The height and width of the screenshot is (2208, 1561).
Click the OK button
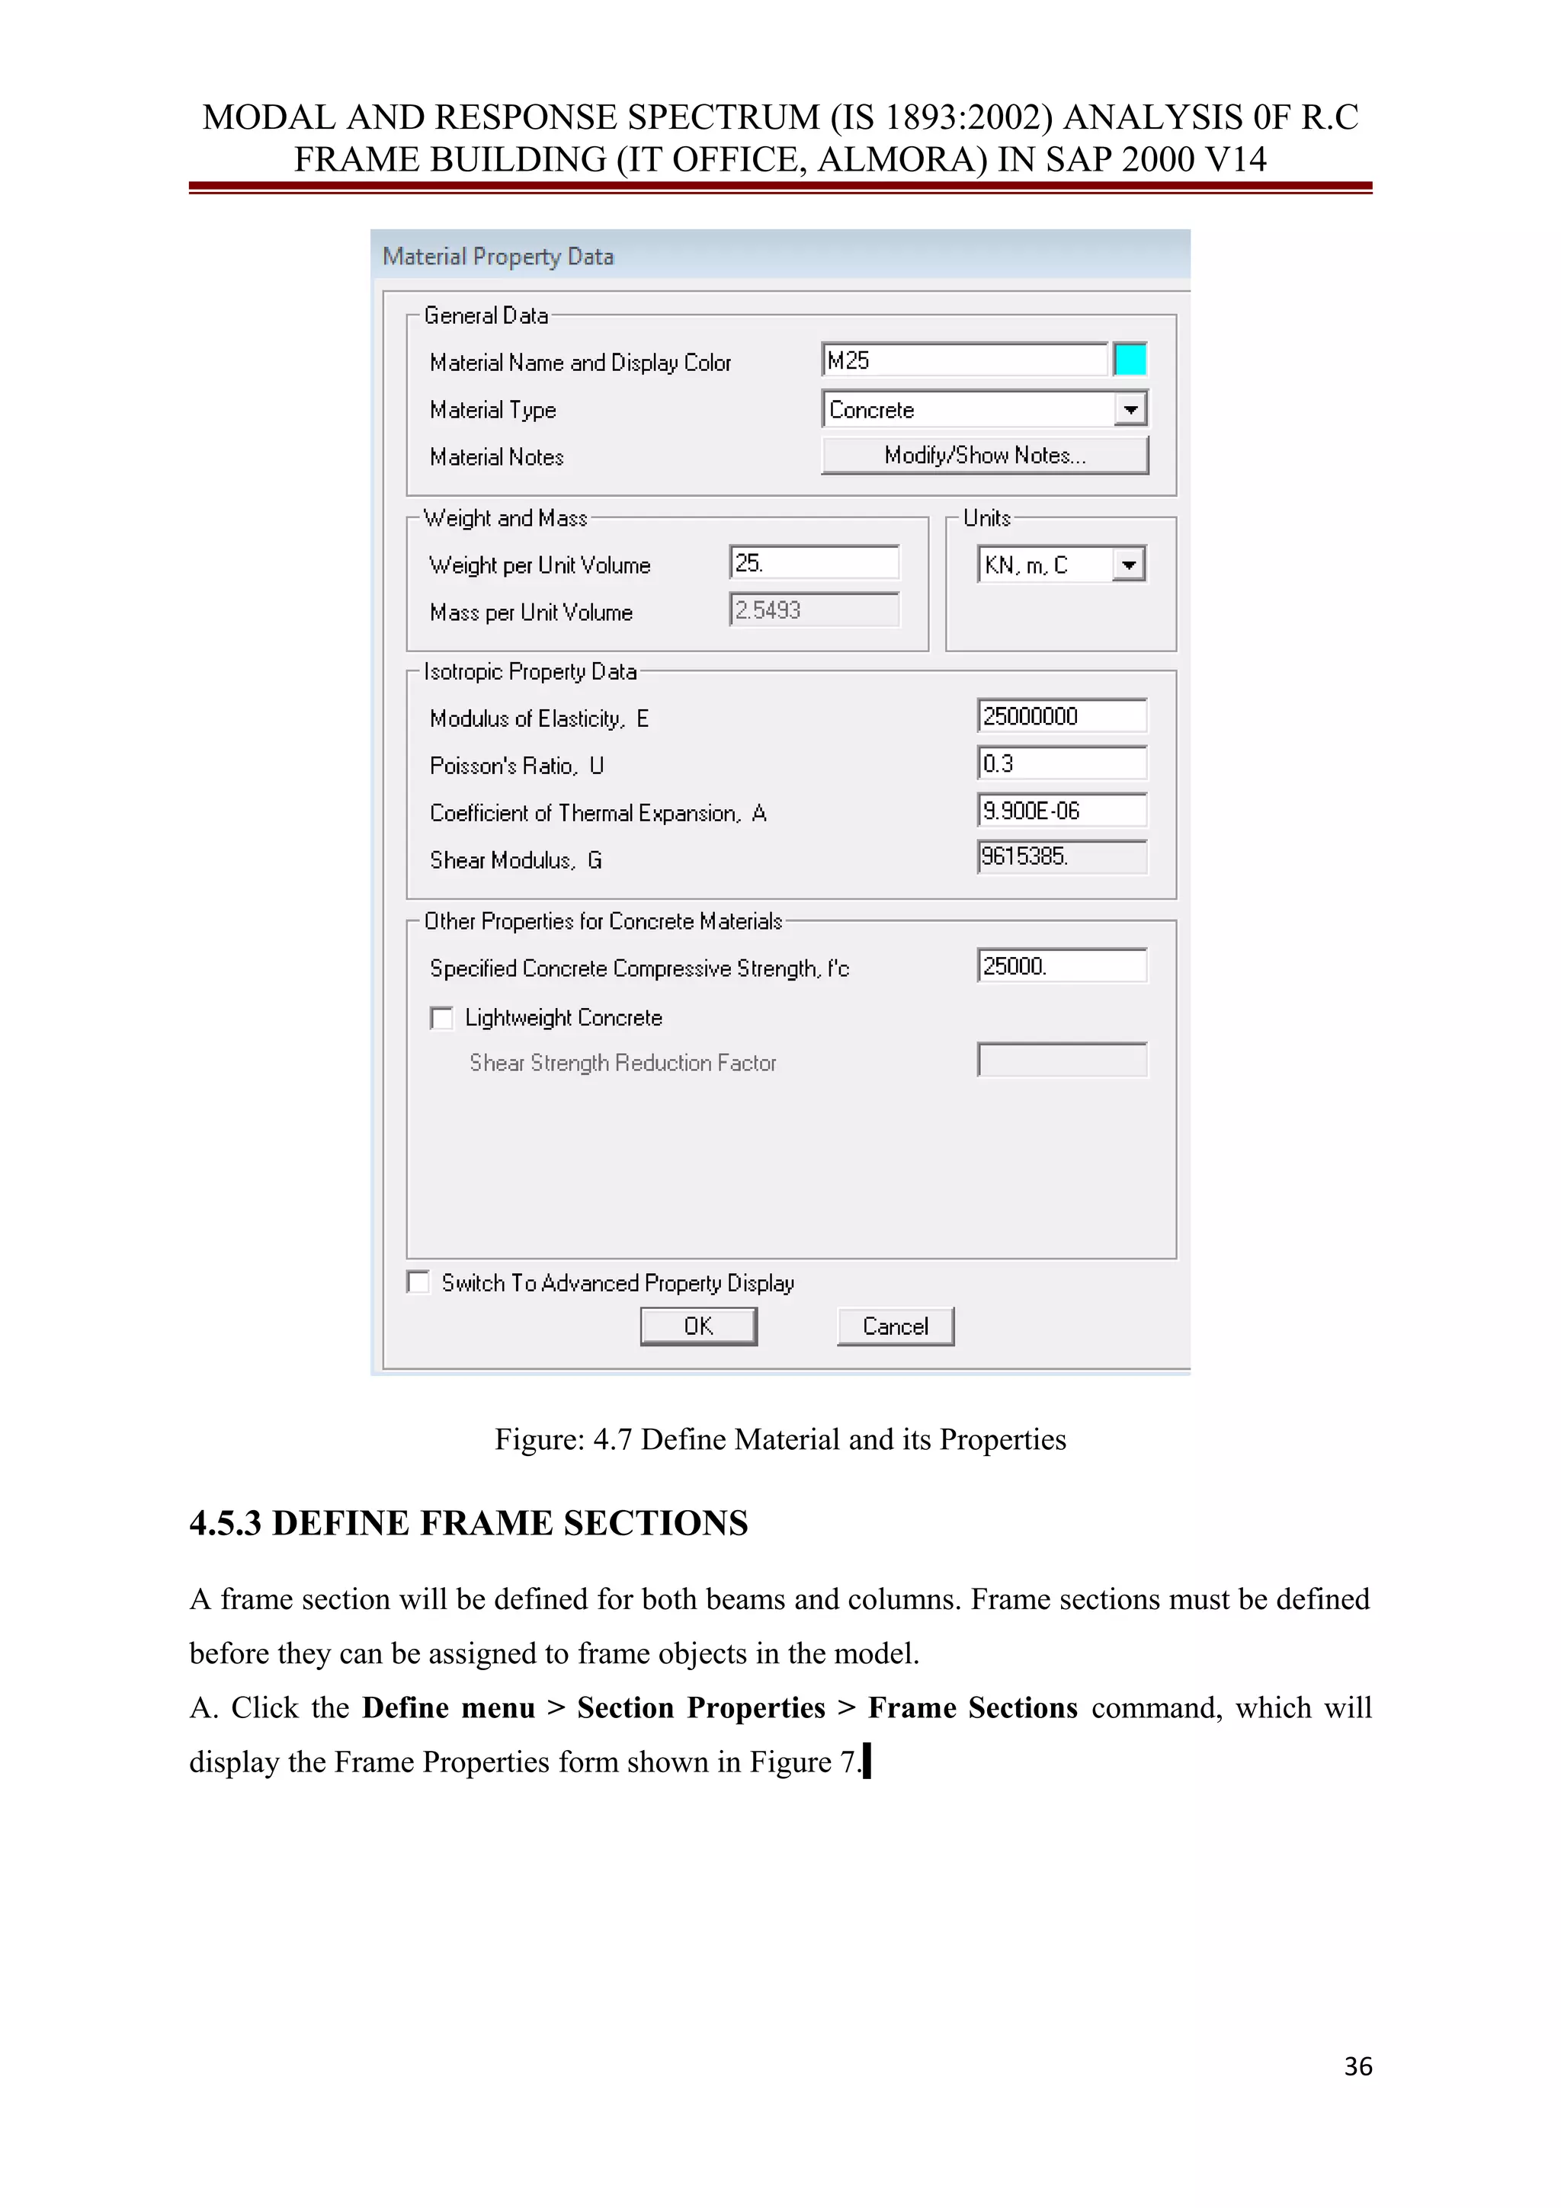tap(698, 1326)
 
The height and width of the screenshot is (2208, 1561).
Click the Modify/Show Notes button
tap(985, 455)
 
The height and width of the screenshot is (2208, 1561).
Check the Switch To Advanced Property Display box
tap(418, 1282)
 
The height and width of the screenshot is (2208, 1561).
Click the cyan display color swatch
tap(1130, 360)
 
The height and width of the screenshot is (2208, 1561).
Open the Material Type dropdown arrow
tap(1131, 410)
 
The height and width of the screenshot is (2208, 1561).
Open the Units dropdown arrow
tap(1129, 565)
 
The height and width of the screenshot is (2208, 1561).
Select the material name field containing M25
tap(965, 360)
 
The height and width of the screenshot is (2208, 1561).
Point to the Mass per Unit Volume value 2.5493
tap(814, 610)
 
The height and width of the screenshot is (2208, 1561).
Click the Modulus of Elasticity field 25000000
tap(1061, 716)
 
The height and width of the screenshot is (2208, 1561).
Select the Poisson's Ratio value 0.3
tap(1061, 763)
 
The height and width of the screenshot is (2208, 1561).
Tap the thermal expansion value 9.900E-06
tap(1061, 811)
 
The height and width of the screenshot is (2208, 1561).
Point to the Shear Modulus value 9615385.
tap(1061, 857)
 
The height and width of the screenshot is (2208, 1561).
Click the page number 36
tap(1357, 2066)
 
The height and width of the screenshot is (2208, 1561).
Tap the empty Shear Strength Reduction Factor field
tap(1061, 1061)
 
